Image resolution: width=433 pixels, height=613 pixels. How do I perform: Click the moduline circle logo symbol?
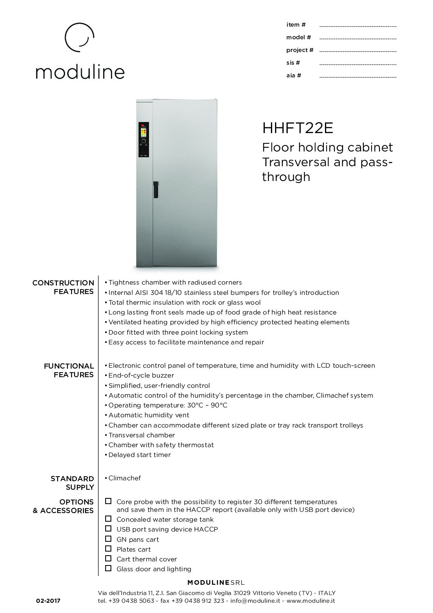(x=80, y=37)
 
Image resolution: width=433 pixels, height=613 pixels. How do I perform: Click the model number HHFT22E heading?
(x=298, y=129)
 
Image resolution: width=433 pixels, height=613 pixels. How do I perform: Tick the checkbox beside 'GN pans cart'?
(x=108, y=539)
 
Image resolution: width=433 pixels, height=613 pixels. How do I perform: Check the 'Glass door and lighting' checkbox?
(x=108, y=568)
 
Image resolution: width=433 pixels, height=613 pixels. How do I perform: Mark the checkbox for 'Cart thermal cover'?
(x=108, y=559)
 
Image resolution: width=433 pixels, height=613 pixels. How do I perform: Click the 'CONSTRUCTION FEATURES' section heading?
(x=63, y=287)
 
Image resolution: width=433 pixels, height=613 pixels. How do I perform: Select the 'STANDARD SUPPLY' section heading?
(x=72, y=483)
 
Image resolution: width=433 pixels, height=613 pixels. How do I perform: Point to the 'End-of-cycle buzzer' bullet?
(x=141, y=375)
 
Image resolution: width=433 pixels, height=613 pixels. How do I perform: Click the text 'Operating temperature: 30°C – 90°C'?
(x=167, y=405)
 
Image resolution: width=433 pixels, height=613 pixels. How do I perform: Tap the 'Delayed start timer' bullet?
(x=139, y=455)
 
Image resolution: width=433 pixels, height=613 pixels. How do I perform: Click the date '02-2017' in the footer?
(x=48, y=601)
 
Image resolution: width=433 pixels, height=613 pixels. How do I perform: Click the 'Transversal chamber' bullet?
(x=141, y=435)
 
